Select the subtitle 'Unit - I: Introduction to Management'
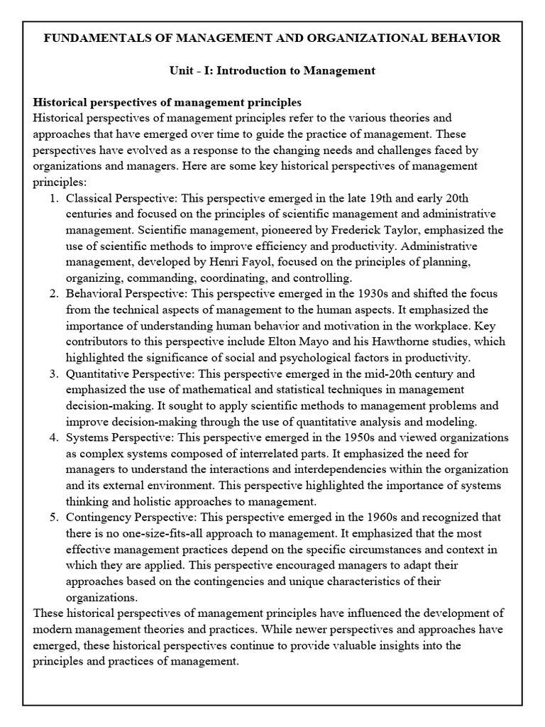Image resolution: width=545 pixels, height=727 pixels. click(272, 71)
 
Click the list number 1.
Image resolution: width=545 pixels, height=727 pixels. click(55, 197)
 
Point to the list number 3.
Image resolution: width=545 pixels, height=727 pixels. click(55, 373)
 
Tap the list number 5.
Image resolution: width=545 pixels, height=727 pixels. click(55, 517)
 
